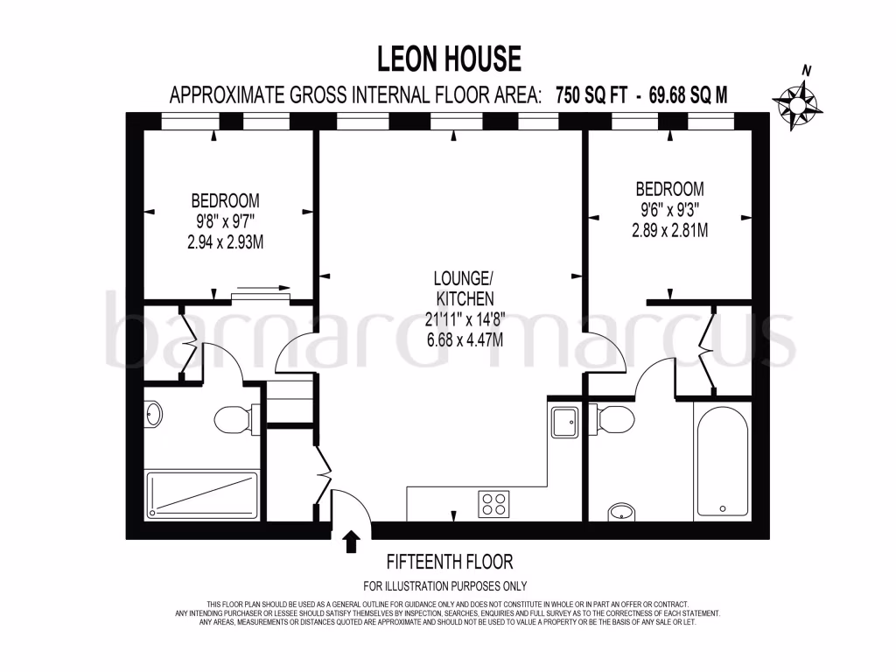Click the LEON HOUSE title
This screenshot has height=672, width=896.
point(449,59)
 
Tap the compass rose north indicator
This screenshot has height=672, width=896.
point(797,101)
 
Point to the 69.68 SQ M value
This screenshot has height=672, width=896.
point(689,94)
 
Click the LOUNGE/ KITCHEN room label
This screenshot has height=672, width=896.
point(460,289)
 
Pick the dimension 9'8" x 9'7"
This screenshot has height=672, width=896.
point(225,220)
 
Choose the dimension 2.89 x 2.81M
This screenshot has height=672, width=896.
point(669,230)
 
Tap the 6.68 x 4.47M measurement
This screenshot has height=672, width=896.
point(460,339)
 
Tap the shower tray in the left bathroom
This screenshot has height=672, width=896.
point(202,495)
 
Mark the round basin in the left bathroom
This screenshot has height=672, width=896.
point(153,414)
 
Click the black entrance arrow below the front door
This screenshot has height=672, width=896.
point(352,542)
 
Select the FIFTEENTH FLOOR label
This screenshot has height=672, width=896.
point(450,562)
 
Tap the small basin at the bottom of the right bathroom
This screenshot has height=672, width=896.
point(622,512)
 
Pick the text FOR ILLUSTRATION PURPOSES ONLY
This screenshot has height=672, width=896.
point(444,586)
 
